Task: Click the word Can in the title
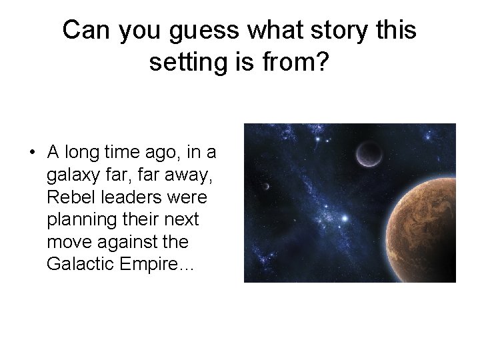point(88,30)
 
